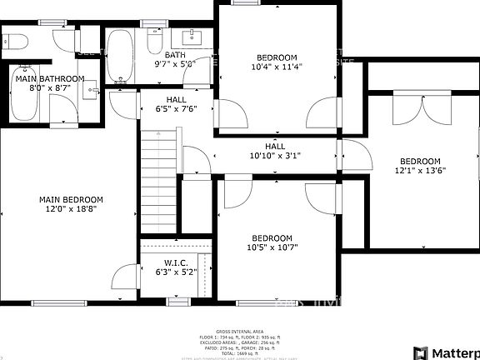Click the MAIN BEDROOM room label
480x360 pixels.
71,200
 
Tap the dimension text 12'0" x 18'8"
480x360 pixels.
71,211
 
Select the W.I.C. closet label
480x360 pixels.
173,262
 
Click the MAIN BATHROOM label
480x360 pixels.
50,78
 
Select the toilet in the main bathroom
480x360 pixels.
16,42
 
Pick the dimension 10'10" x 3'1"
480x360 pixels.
275,155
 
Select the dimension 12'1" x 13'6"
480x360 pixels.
420,172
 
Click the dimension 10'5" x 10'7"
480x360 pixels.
272,247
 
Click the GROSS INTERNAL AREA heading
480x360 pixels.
239,331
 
